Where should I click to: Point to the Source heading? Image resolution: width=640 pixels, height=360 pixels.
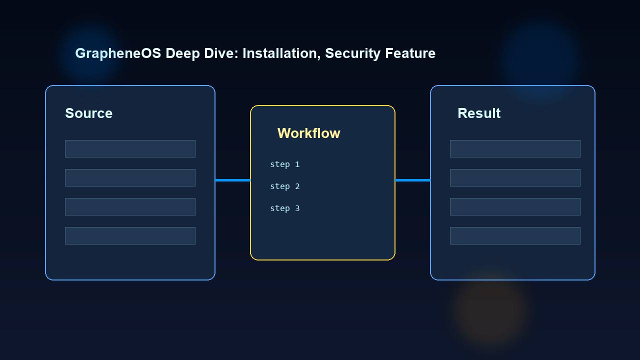(x=88, y=113)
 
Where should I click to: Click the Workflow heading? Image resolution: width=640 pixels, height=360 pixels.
(x=308, y=133)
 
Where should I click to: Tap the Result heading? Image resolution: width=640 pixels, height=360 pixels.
(x=479, y=113)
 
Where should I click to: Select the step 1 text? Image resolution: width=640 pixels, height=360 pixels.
(x=284, y=164)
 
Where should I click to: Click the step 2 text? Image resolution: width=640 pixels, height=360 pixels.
(x=284, y=186)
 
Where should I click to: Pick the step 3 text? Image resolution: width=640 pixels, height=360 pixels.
(x=284, y=208)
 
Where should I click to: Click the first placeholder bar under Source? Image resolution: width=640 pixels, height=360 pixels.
(x=130, y=148)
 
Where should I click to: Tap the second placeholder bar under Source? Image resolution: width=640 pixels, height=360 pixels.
(x=130, y=177)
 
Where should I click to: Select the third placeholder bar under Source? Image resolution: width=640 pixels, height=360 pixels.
(x=130, y=206)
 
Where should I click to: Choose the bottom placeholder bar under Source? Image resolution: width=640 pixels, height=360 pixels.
(x=130, y=235)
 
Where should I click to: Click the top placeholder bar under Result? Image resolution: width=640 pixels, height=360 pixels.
(x=515, y=148)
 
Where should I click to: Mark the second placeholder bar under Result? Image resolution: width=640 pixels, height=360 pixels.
(x=515, y=177)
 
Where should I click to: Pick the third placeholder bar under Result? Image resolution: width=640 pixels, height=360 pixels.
(x=515, y=206)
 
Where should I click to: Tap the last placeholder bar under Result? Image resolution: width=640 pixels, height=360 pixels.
(x=515, y=235)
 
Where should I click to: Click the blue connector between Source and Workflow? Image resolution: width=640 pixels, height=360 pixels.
(x=232, y=180)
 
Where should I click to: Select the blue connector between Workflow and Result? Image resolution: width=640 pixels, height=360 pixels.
(x=412, y=180)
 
